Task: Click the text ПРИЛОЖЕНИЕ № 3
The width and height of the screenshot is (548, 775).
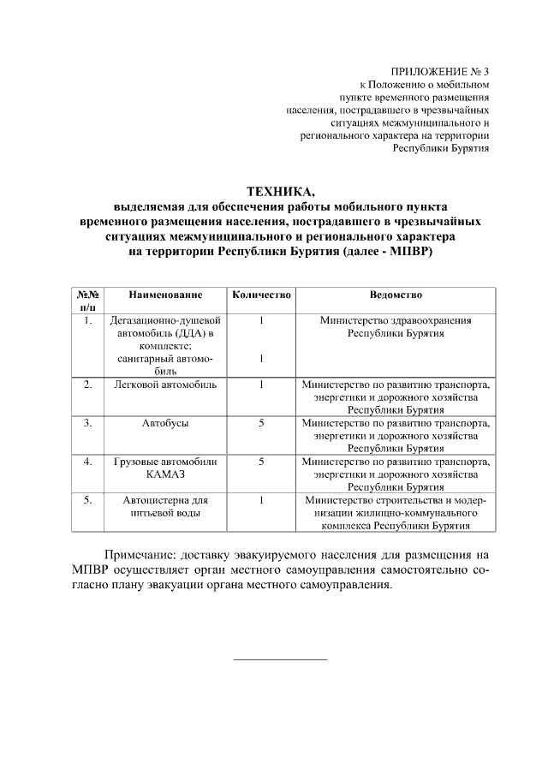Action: [440, 71]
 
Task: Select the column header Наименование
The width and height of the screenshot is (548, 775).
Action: [165, 295]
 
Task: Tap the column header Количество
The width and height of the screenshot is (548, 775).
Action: [261, 295]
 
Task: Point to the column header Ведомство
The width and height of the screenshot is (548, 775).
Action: [396, 295]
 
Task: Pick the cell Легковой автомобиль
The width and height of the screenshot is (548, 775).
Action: [165, 385]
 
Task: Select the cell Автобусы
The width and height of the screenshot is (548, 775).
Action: [165, 423]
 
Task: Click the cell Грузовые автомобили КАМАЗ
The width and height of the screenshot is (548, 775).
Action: [165, 468]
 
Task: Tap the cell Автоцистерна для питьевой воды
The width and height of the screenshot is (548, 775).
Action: [165, 506]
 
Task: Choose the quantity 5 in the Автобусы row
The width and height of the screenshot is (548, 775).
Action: [261, 423]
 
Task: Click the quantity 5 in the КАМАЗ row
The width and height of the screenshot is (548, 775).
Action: [261, 462]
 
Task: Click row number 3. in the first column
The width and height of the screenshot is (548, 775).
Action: [88, 423]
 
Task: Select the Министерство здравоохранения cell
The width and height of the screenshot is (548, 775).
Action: [396, 326]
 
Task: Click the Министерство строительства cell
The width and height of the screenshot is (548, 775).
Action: [396, 513]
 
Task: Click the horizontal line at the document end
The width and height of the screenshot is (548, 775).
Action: [281, 659]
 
